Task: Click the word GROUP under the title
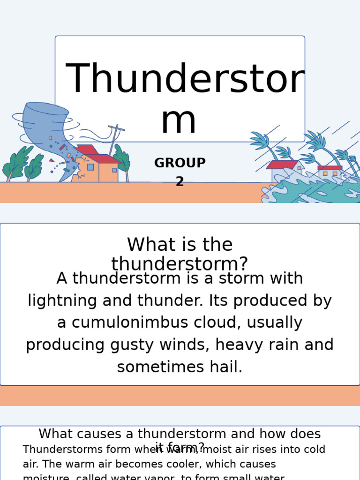tap(180, 163)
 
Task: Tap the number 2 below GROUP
tap(180, 181)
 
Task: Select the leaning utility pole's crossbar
tap(116, 127)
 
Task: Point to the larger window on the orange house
tap(90, 167)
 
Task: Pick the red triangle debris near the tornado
tap(52, 160)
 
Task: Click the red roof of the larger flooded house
tap(282, 165)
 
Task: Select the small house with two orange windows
tap(330, 172)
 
